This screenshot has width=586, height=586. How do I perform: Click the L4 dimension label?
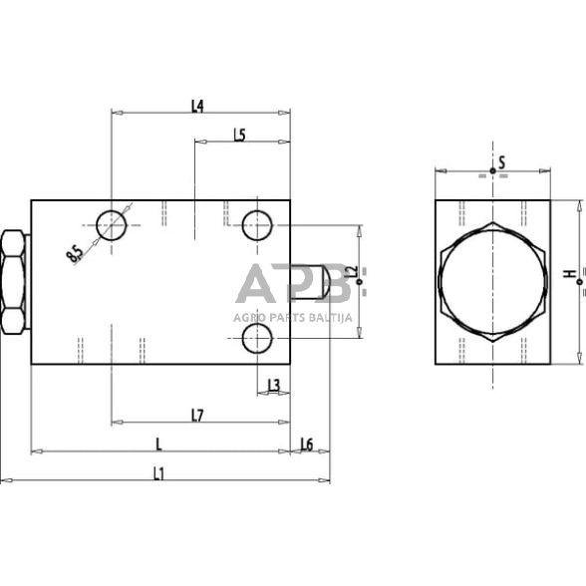tap(197, 106)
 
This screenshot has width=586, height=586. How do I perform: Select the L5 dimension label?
tap(239, 136)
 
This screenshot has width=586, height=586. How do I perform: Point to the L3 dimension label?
tap(273, 385)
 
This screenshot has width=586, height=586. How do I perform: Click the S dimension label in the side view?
tap(502, 161)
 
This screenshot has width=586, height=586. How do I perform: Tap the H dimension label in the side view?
tap(567, 274)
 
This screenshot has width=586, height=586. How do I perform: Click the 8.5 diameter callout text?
tap(75, 254)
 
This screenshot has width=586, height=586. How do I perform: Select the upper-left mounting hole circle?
tap(113, 225)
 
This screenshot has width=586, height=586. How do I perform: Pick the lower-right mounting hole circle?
tap(258, 340)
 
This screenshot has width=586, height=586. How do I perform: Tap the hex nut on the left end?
tap(14, 282)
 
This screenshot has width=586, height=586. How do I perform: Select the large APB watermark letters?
tap(293, 286)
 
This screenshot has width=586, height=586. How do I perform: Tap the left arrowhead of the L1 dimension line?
tap(5, 481)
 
